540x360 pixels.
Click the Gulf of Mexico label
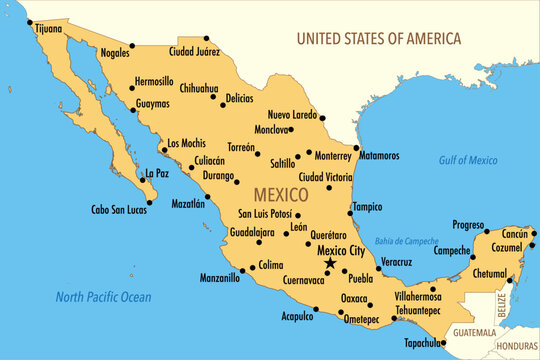coord(468,160)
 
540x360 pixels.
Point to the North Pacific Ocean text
coord(103,296)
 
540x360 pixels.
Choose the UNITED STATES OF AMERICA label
coord(379,39)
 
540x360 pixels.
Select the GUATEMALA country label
coord(474,332)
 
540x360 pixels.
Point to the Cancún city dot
coord(534,233)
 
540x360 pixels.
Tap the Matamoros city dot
coord(357,148)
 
